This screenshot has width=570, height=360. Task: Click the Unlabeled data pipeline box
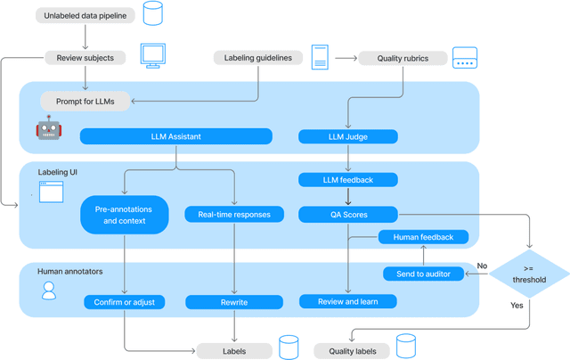[x=85, y=15]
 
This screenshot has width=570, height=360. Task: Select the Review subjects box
[x=85, y=58]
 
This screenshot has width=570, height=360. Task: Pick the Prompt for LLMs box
[x=85, y=101]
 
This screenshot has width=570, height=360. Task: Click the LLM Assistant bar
[x=175, y=136]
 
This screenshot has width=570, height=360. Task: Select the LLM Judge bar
[x=347, y=136]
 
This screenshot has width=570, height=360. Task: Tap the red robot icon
[x=49, y=129]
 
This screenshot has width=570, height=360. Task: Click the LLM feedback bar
[x=347, y=180]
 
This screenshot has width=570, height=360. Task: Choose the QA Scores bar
[x=347, y=214]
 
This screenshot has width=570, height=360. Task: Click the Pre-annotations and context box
[x=125, y=215]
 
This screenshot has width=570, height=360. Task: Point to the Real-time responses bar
[x=234, y=214]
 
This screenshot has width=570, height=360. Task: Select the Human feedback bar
[x=423, y=237]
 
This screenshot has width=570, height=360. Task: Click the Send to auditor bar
[x=423, y=274]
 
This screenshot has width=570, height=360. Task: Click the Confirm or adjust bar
[x=125, y=302]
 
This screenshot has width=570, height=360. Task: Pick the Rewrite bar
[x=234, y=302]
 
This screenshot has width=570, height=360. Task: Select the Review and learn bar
[x=347, y=302]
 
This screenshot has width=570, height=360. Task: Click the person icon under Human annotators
[x=49, y=290]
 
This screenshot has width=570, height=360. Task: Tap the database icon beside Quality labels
[x=406, y=347]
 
